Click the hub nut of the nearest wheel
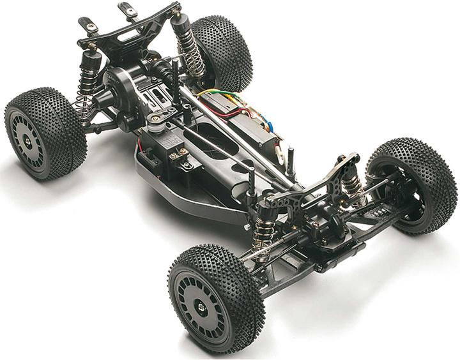click(203, 306)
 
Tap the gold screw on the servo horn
click(155, 118)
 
